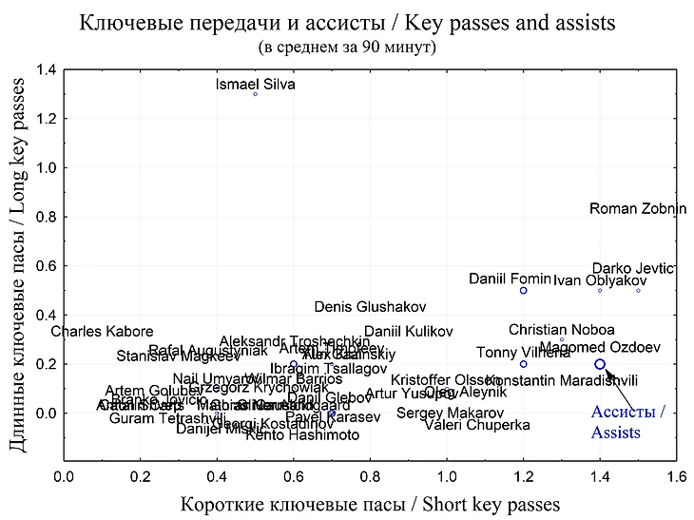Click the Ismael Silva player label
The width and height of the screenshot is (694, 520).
click(256, 85)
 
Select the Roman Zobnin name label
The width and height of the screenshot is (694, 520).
click(638, 209)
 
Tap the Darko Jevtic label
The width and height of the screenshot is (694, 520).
click(633, 268)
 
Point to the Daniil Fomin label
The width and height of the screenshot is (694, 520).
click(510, 279)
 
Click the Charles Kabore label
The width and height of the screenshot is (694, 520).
click(102, 332)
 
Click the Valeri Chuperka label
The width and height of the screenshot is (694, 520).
click(476, 425)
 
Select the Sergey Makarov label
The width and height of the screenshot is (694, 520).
click(450, 413)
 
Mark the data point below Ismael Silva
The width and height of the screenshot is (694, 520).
click(256, 94)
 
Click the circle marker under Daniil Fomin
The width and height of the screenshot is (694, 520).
click(524, 290)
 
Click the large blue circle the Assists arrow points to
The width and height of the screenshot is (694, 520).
click(600, 364)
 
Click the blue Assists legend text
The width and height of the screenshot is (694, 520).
click(628, 422)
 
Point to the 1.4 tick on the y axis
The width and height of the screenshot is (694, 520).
click(45, 69)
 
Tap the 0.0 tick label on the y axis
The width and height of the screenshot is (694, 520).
click(45, 414)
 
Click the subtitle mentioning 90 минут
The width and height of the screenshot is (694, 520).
click(346, 46)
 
